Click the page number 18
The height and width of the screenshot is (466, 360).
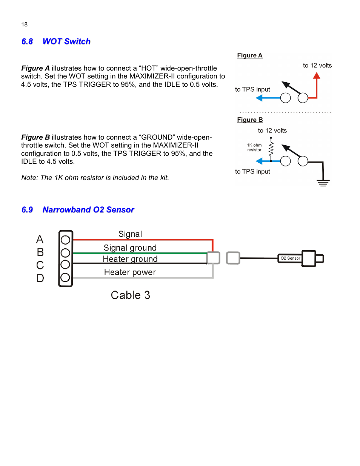(x=25, y=25)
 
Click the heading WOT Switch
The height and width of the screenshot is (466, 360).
(x=66, y=42)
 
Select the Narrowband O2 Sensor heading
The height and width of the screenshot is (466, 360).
(x=88, y=210)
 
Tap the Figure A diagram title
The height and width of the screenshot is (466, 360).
(x=249, y=55)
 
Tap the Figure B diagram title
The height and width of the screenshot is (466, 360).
(x=250, y=120)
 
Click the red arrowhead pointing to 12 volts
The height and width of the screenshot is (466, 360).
(x=317, y=76)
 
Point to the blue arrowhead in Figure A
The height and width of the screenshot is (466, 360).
(x=259, y=98)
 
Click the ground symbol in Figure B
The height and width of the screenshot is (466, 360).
(x=323, y=183)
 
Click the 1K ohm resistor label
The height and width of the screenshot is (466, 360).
(x=254, y=148)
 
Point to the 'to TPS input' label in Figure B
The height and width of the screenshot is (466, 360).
(x=252, y=172)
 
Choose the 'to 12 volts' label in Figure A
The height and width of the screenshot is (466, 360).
(x=317, y=66)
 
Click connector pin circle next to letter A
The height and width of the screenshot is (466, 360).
(x=65, y=240)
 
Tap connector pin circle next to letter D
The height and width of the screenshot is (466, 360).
(x=65, y=278)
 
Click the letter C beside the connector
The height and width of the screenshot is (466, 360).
(x=40, y=265)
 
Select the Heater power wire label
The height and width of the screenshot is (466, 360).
(x=130, y=272)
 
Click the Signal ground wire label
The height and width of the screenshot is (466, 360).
(x=130, y=248)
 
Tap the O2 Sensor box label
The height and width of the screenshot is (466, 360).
(x=290, y=258)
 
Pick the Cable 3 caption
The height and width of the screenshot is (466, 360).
(x=130, y=295)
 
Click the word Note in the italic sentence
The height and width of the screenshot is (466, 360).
(x=29, y=178)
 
